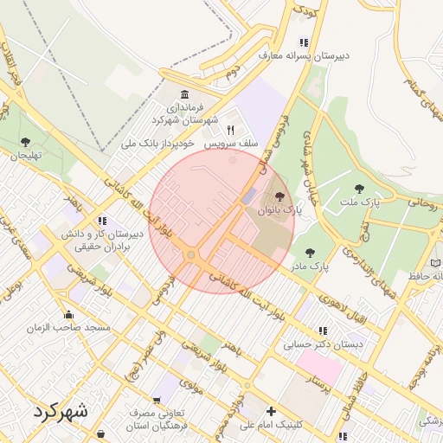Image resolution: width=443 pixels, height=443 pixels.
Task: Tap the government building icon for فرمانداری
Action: (x=184, y=94)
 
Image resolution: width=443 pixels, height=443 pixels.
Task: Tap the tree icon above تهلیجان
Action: (x=25, y=142)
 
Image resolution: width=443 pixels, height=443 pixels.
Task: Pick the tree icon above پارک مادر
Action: (x=310, y=253)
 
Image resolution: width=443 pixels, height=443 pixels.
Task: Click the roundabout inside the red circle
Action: (x=190, y=254)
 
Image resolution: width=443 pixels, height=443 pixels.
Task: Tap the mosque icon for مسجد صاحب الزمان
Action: (x=68, y=314)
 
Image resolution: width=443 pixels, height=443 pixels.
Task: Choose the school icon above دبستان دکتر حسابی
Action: (x=323, y=331)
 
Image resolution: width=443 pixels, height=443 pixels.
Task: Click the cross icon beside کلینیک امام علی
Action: (x=272, y=411)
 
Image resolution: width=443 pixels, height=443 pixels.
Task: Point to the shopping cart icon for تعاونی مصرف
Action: (x=156, y=400)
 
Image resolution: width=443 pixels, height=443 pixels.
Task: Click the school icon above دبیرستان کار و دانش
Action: (x=103, y=221)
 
